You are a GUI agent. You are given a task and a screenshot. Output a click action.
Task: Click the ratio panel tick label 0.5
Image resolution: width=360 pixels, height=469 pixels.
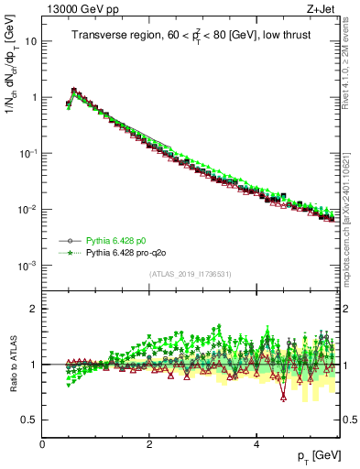30,420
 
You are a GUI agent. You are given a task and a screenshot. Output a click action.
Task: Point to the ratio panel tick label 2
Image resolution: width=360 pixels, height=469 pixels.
35,309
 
